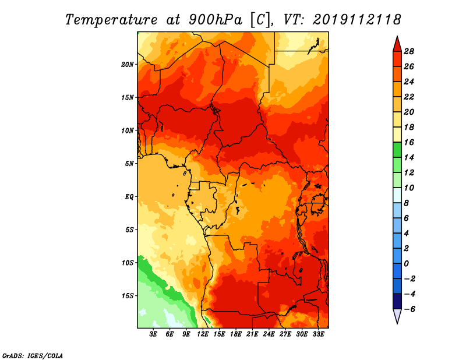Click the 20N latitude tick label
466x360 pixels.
click(127, 64)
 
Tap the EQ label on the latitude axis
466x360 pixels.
click(129, 196)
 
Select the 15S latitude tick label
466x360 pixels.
click(127, 296)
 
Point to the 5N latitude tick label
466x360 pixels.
click(129, 164)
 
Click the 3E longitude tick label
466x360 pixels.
click(153, 334)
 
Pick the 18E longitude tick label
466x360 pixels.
click(236, 334)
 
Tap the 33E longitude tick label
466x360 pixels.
click(318, 334)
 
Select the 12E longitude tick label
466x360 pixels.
click(203, 334)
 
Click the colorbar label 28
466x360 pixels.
click(409, 51)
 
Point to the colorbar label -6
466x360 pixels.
click(409, 309)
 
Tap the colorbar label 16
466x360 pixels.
click(409, 142)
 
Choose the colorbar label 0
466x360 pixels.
click(406, 264)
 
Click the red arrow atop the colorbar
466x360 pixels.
click(397, 45)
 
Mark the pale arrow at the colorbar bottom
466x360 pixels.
click(397, 315)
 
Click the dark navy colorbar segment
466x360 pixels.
click(397, 301)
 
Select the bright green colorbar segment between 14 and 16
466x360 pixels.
click(397, 150)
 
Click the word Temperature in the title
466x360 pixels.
click(111, 20)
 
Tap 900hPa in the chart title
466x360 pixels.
click(216, 20)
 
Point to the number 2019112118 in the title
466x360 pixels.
click(357, 19)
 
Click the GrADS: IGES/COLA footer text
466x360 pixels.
click(33, 356)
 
